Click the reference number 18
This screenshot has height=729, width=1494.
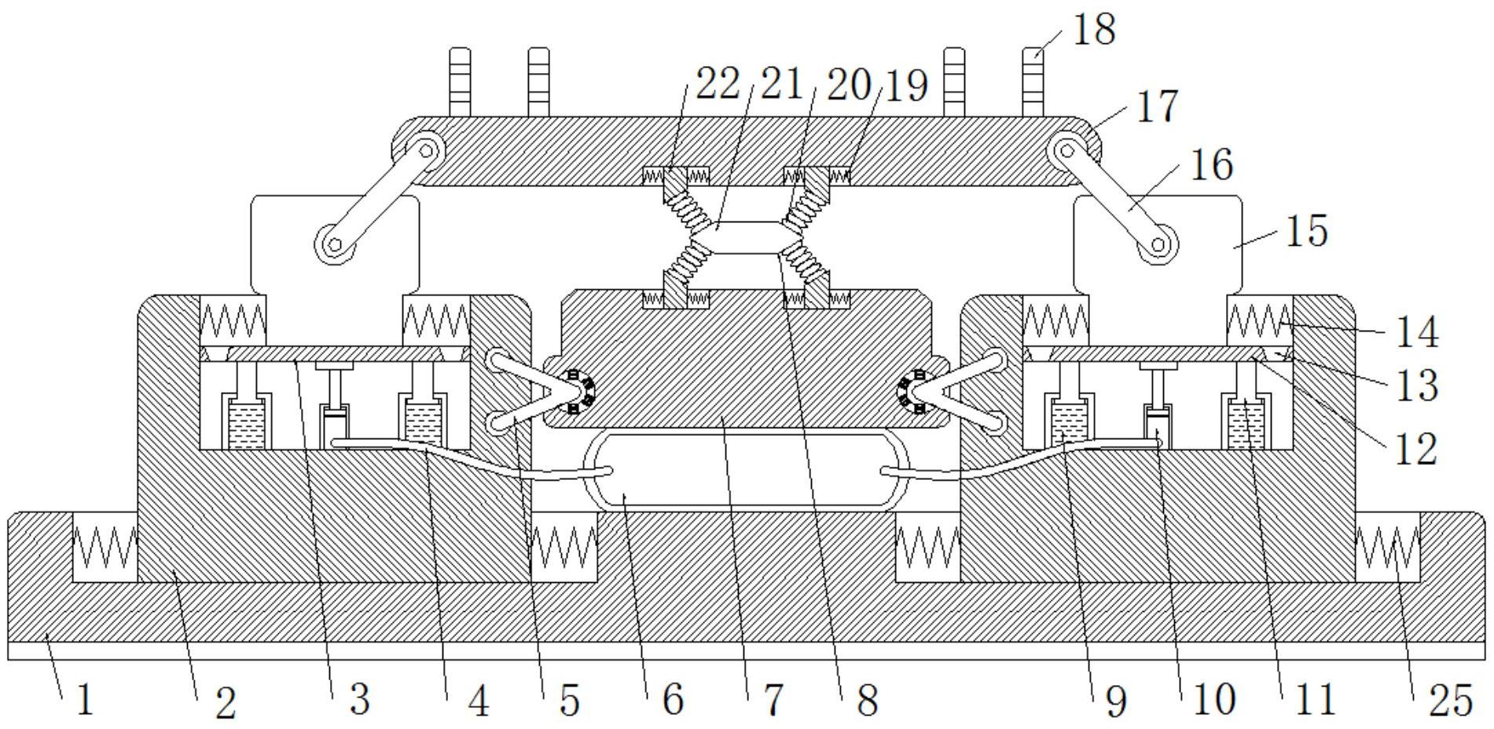(x=1094, y=30)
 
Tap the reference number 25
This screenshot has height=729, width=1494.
(x=1450, y=699)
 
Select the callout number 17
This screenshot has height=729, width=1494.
(x=1157, y=106)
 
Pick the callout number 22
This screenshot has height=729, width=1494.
(x=718, y=83)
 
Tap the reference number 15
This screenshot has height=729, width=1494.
(x=1306, y=231)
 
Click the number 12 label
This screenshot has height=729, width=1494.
(x=1416, y=449)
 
